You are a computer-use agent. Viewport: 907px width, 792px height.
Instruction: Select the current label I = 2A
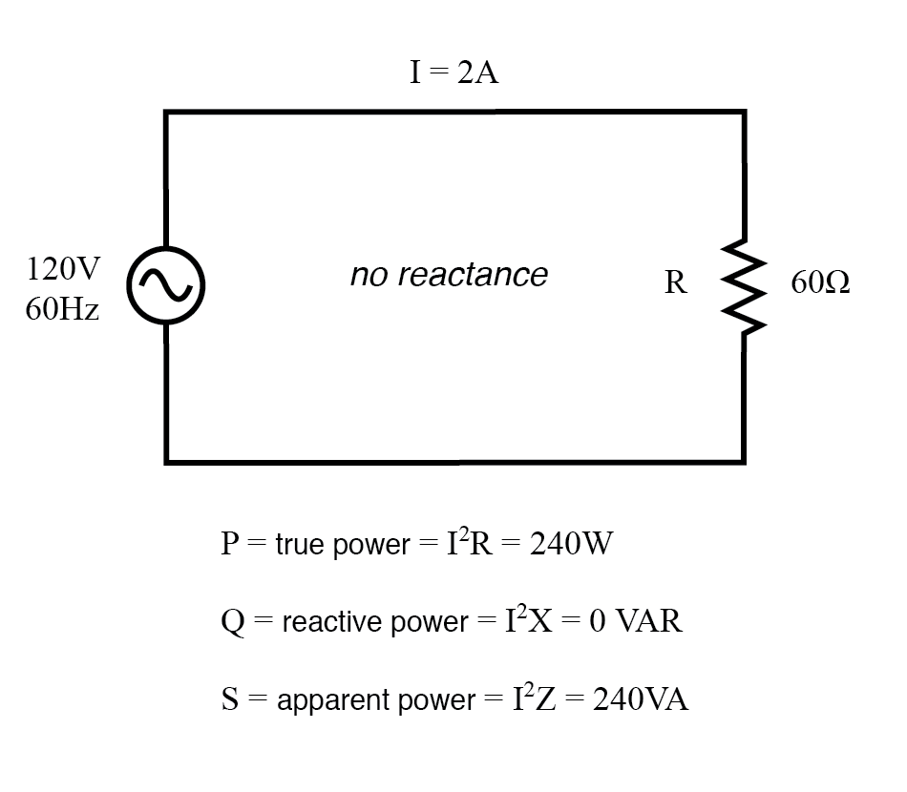point(453,73)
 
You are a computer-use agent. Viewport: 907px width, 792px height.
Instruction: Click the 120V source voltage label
point(62,269)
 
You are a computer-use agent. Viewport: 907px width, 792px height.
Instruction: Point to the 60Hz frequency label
point(62,310)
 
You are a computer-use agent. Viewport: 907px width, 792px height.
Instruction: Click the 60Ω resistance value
point(820,283)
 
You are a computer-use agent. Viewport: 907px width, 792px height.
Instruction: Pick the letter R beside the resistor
point(675,283)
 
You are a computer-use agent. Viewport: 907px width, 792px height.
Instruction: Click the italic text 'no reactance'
point(449,275)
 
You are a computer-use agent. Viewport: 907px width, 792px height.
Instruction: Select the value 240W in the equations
point(570,544)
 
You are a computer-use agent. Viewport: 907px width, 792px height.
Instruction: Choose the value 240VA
point(641,699)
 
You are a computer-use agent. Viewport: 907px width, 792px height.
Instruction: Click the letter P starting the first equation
point(229,544)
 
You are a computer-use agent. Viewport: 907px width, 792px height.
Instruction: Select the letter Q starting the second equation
point(231,622)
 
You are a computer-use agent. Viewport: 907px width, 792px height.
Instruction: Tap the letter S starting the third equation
point(229,699)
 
